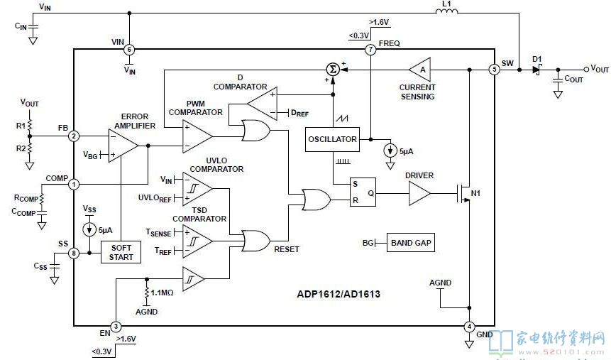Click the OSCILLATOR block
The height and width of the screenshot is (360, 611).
[332, 139]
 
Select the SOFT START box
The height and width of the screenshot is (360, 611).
[121, 252]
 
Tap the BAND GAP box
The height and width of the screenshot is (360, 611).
[411, 243]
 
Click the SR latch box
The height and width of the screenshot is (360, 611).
[363, 192]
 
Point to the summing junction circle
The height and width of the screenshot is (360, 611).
[332, 70]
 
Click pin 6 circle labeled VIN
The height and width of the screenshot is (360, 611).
[129, 50]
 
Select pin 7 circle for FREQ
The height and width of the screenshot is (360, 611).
[370, 50]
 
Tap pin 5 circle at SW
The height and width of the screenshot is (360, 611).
[494, 70]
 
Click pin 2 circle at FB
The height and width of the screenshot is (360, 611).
[74, 136]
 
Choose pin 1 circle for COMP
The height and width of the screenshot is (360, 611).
[74, 184]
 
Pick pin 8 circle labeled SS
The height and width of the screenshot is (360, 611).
[74, 253]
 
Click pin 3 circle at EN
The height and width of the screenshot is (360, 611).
[116, 326]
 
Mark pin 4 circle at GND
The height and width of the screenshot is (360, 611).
[469, 327]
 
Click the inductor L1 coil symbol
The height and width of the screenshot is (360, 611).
[446, 11]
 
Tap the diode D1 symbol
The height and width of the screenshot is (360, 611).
[537, 70]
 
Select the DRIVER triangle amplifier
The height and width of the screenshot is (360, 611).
[419, 193]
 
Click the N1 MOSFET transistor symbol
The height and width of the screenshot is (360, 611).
[463, 193]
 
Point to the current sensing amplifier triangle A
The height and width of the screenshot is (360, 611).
[420, 70]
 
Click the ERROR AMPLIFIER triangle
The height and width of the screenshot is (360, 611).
[123, 146]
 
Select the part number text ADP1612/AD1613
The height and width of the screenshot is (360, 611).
[338, 294]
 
